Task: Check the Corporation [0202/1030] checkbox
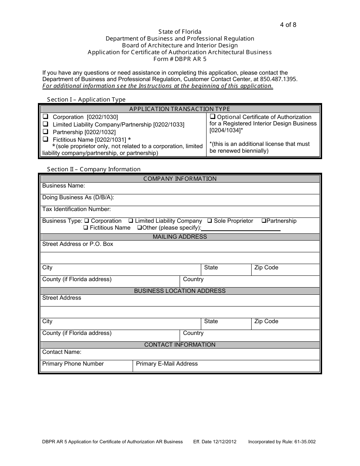click(x=45, y=117)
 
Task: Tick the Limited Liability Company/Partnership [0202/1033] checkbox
click(x=45, y=124)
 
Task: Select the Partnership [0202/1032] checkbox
click(x=45, y=131)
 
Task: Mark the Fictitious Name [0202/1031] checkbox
click(x=45, y=139)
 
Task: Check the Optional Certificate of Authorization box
click(x=213, y=117)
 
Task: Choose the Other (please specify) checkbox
click(x=139, y=228)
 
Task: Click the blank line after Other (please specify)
click(x=241, y=228)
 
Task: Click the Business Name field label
click(x=64, y=186)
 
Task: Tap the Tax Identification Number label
click(x=77, y=209)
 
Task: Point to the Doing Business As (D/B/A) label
click(x=78, y=197)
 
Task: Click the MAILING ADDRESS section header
click(x=180, y=237)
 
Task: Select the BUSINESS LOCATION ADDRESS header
click(x=180, y=291)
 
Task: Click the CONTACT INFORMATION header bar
click(x=180, y=345)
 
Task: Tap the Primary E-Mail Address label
click(x=167, y=364)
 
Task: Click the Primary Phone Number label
click(x=73, y=364)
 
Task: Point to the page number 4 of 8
click(x=288, y=25)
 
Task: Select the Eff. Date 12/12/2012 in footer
click(x=215, y=442)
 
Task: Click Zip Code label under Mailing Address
click(x=266, y=267)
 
